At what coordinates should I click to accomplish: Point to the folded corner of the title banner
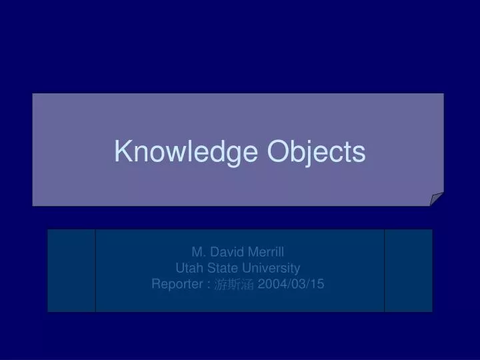click(437, 199)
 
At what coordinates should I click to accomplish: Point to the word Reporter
click(177, 285)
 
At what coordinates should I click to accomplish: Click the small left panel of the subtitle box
click(71, 270)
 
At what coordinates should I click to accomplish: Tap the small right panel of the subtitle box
click(408, 270)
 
